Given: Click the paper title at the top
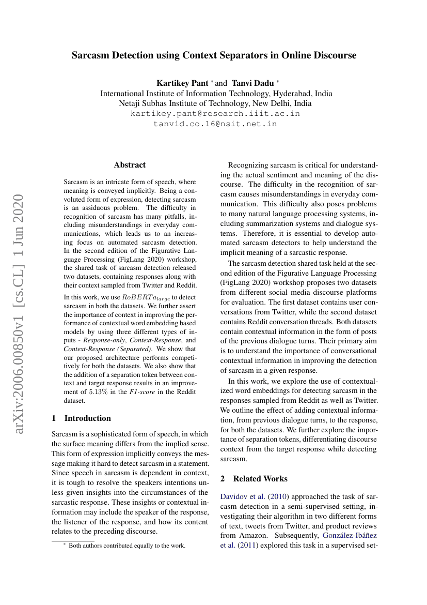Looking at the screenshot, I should pos(214,55).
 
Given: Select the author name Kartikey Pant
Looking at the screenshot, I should pos(182,83).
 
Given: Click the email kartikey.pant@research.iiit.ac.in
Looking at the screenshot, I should pos(215,114).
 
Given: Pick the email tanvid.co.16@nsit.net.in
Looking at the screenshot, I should pos(215,124).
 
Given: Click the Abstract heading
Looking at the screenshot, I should pos(130,165).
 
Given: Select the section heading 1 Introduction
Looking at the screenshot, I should pos(82,418).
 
